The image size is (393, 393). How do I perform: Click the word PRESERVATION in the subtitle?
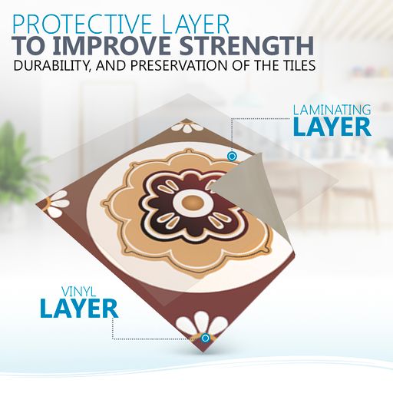pos(179,65)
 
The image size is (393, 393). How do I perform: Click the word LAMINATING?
pos(332,110)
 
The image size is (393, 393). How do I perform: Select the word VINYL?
pos(78,291)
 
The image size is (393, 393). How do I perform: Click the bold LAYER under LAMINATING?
pos(332,127)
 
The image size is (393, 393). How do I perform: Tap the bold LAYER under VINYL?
pos(79,309)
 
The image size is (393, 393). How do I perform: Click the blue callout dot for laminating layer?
pos(232,156)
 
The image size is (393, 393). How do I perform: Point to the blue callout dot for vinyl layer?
pos(205,339)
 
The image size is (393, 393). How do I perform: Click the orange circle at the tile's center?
pos(190,203)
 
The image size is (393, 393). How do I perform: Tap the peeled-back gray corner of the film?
pos(240,194)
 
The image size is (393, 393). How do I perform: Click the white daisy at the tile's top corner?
pos(185,127)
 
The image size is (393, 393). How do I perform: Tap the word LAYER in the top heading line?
pos(195,25)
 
